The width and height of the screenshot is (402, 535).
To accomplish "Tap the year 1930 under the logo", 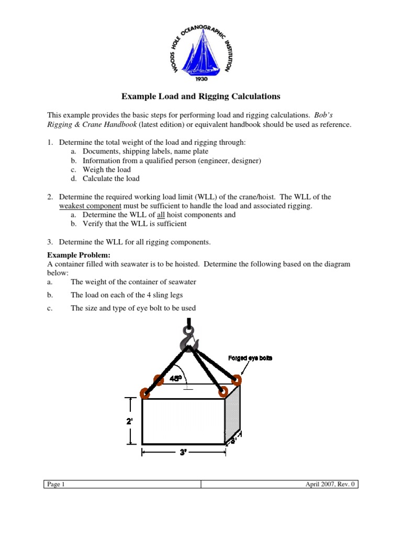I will click(201, 79).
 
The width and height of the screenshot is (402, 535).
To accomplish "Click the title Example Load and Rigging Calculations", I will click(201, 96).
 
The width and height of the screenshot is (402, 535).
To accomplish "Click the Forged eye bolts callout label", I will click(250, 358).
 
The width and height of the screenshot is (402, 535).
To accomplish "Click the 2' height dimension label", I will click(129, 420).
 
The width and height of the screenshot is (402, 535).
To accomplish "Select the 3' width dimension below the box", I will click(183, 453).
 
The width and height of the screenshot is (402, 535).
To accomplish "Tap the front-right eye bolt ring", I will click(224, 391).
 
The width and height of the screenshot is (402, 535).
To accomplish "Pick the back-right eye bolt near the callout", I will click(236, 379).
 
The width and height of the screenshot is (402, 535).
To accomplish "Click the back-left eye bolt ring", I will click(158, 380).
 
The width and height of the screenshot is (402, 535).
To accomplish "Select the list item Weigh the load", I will click(106, 169).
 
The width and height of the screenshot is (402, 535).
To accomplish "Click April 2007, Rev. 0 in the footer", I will click(330, 484).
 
